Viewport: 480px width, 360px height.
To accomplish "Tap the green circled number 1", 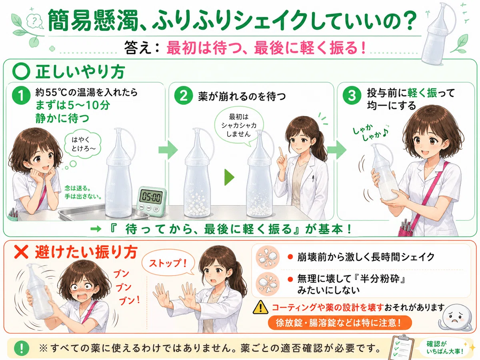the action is coord(21,96).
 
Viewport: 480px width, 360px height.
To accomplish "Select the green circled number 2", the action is coord(184,96).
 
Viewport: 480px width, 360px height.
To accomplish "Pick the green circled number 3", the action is coord(352,96).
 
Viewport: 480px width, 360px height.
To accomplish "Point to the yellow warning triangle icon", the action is coord(260,307).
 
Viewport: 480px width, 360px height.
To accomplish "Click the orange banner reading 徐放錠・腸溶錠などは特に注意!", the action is coord(340,323).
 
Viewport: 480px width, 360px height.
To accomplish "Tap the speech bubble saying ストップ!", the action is coord(168,264).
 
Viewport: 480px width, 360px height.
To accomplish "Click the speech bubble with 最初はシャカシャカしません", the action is coord(239,126).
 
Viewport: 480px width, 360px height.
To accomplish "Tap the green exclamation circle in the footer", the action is coord(22,348).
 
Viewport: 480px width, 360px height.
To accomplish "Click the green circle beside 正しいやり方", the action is coord(21,72).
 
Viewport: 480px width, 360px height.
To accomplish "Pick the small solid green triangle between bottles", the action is coord(229,177).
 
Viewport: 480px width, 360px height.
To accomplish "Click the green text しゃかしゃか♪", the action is coord(370,132).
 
